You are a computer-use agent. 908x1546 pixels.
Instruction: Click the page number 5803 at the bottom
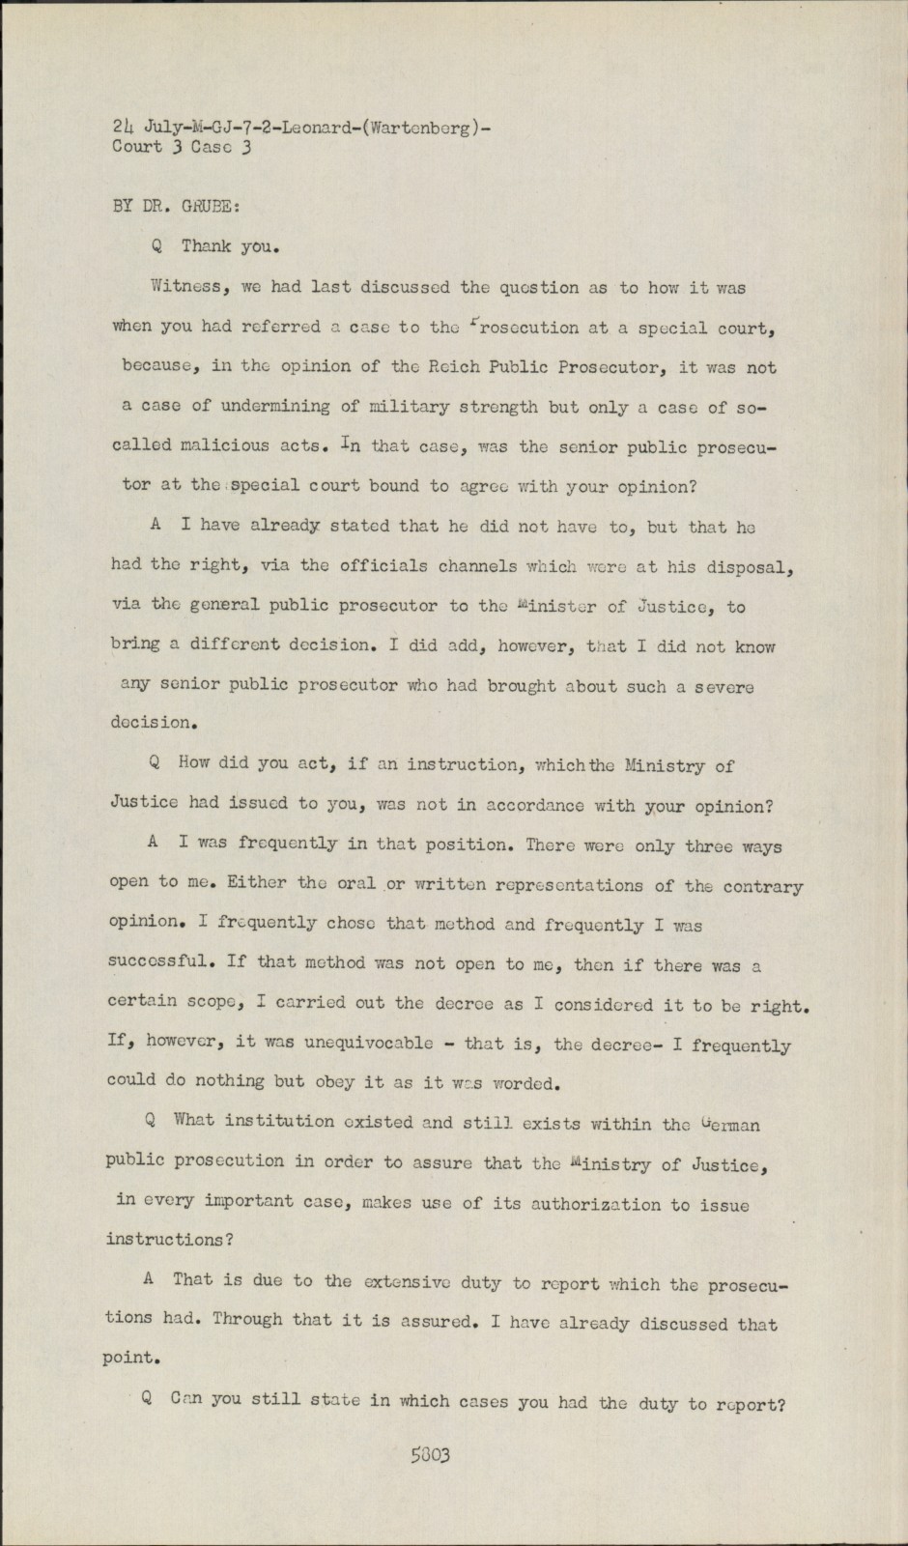[431, 1455]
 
